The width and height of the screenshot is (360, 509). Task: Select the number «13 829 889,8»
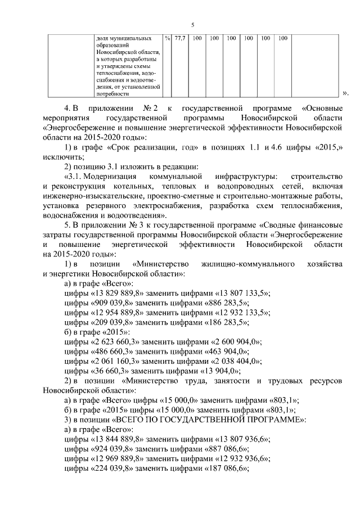pos(119,293)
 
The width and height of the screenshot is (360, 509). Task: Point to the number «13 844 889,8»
pos(119,440)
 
